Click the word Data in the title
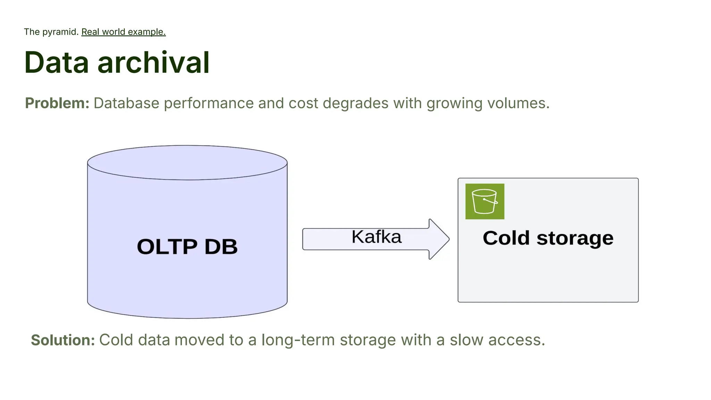[x=57, y=62]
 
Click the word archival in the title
[x=153, y=62]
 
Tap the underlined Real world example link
[x=123, y=32]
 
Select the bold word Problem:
[x=57, y=103]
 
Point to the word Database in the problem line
[x=126, y=103]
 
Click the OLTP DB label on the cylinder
[x=187, y=247]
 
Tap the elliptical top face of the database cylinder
[x=187, y=162]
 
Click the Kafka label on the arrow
[x=376, y=237]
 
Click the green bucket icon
[x=485, y=201]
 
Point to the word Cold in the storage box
[x=506, y=238]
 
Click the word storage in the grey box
[x=575, y=238]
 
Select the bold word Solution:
[x=63, y=340]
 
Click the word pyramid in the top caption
[x=60, y=32]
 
